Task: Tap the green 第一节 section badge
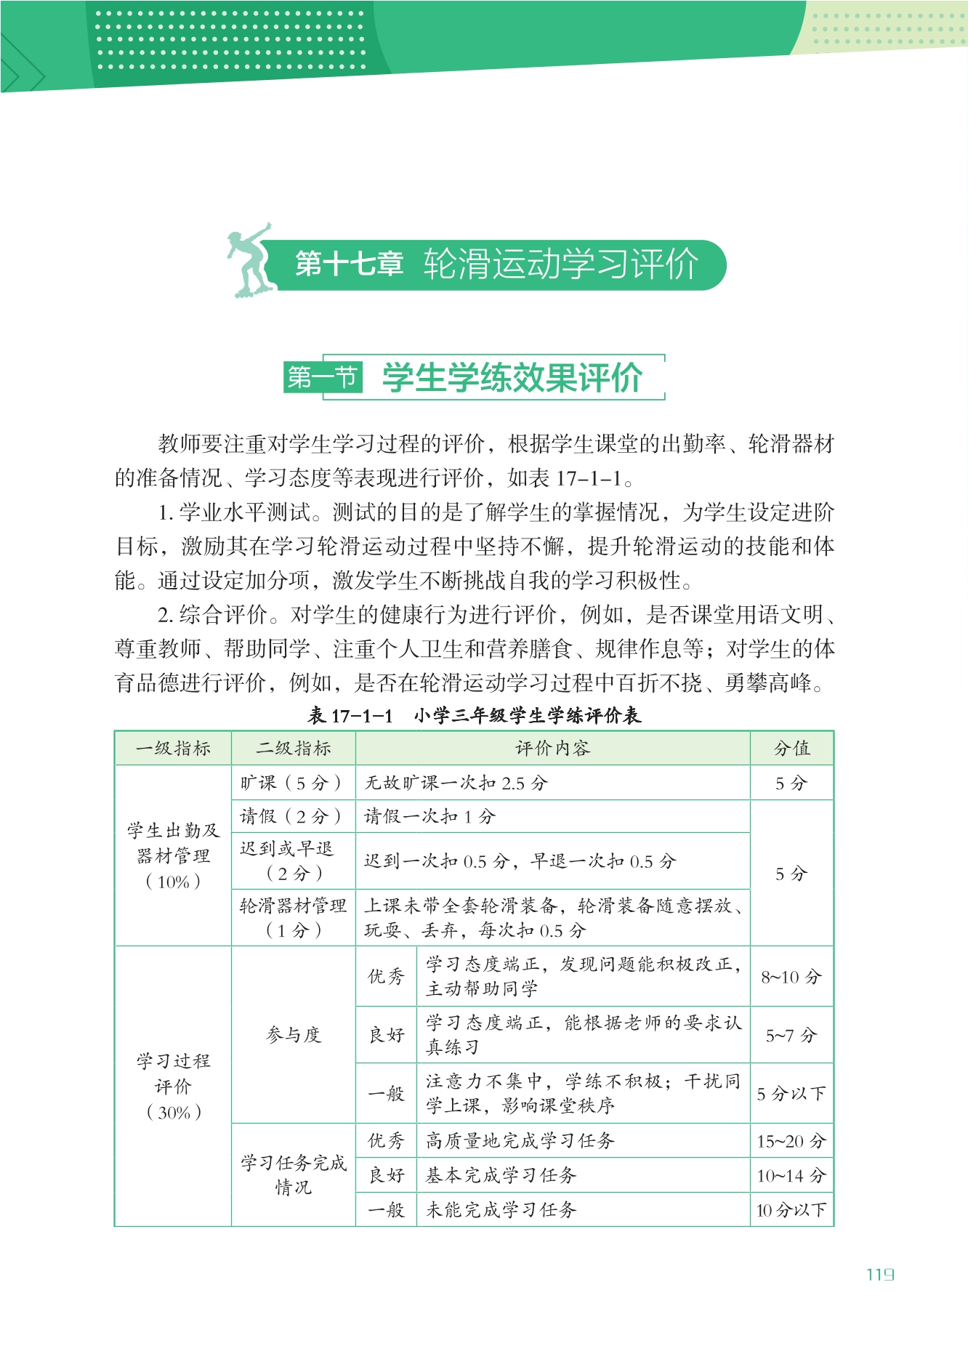coord(323,377)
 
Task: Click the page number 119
coord(880,1274)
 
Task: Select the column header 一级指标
coord(173,748)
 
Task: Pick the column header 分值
coord(791,748)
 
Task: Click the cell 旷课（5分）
coord(292,783)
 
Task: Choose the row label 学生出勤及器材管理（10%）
coord(173,855)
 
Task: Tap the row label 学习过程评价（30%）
coord(173,1086)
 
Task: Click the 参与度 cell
coord(293,1034)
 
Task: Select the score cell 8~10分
coord(791,976)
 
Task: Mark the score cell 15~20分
coord(791,1140)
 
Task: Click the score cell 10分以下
coord(791,1209)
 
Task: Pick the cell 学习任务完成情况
coord(293,1174)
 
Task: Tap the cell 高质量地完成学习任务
coord(520,1140)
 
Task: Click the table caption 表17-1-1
coord(350,716)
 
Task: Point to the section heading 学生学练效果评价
coord(512,377)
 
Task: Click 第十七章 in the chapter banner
coord(349,264)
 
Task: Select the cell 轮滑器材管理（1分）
coord(293,917)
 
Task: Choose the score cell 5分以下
coord(791,1093)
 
